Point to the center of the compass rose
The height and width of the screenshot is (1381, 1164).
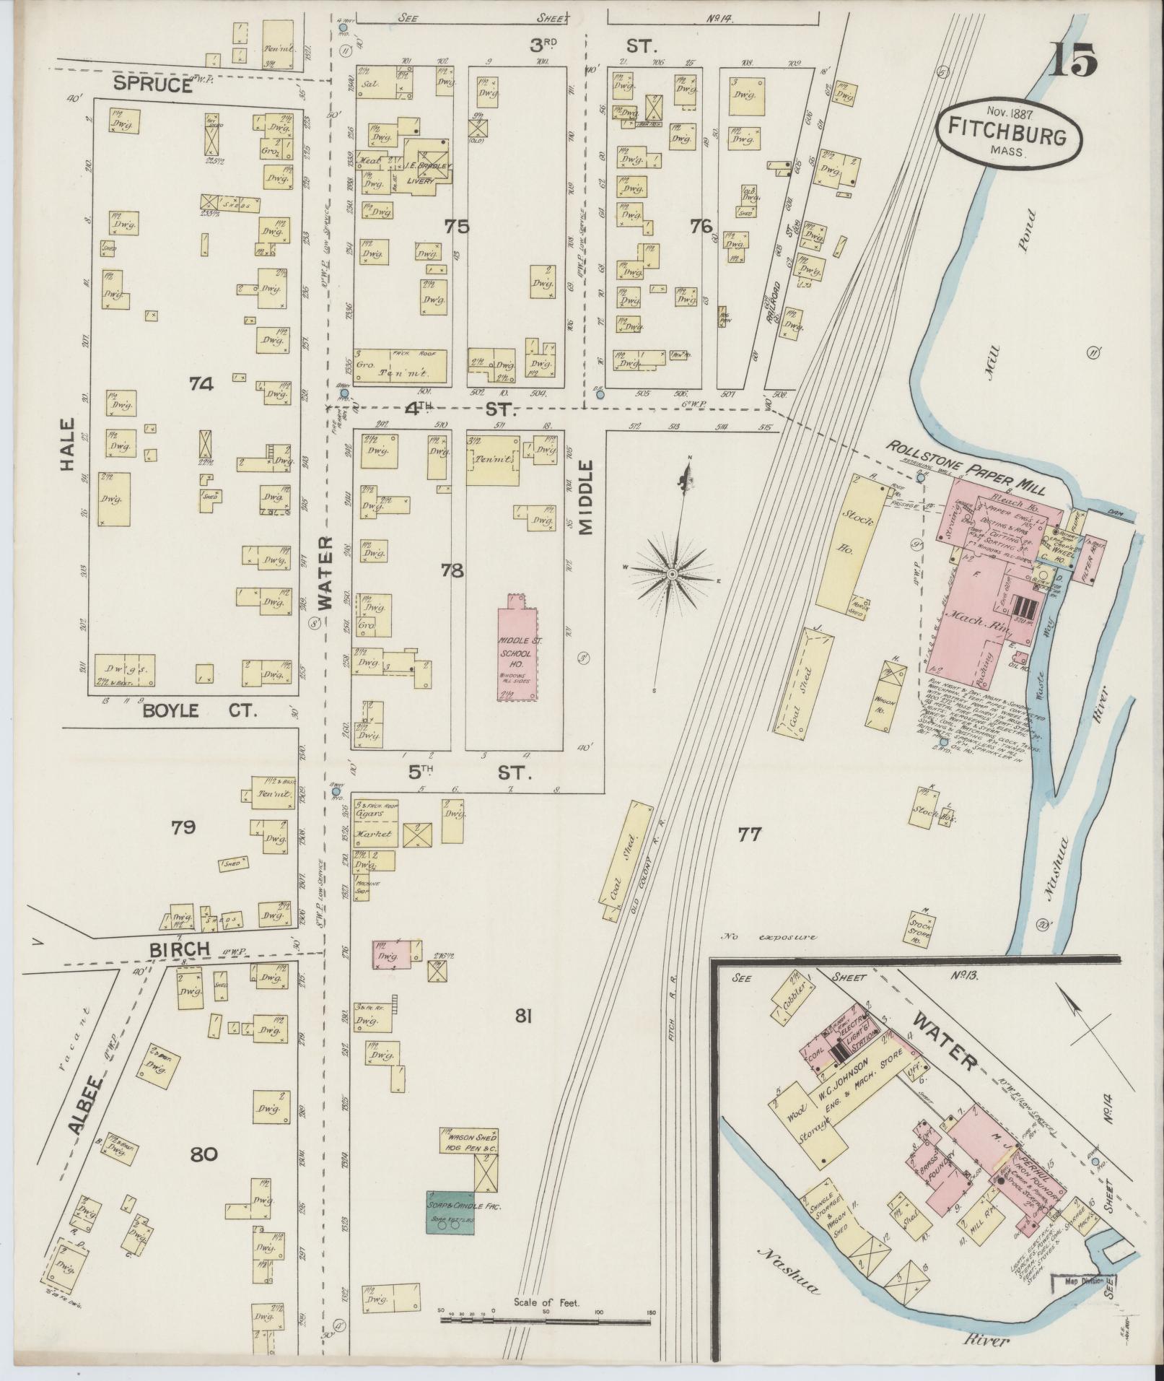click(671, 573)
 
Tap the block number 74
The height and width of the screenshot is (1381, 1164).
click(201, 385)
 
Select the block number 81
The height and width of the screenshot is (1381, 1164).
click(523, 1017)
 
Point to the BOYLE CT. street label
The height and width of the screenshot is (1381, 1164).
click(199, 711)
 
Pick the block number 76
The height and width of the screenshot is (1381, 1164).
click(701, 227)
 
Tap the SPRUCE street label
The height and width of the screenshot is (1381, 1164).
click(152, 86)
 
